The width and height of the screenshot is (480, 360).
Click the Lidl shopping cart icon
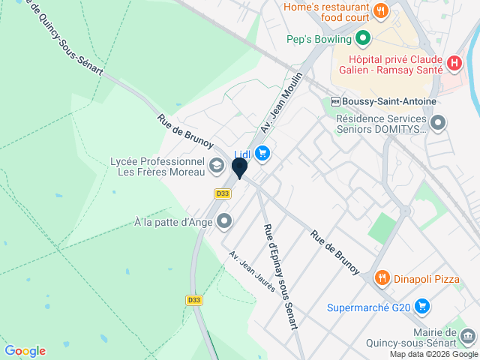(262, 154)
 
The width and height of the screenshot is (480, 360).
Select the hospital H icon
(453, 63)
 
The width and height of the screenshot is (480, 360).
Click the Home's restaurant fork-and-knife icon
(381, 10)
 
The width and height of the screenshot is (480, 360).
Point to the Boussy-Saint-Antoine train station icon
(334, 101)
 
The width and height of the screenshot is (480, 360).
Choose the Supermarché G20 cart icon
(422, 306)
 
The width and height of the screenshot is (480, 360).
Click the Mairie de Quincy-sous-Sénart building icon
(468, 335)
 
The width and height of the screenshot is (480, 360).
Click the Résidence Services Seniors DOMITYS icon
(439, 121)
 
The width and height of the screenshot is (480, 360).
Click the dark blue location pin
(239, 167)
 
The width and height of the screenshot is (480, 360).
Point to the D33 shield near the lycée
(221, 193)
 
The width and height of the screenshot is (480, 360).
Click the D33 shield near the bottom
(193, 300)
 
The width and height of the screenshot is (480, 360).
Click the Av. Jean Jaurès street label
(252, 271)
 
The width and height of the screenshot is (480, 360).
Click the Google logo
(25, 350)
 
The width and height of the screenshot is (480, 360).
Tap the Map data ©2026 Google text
(433, 354)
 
